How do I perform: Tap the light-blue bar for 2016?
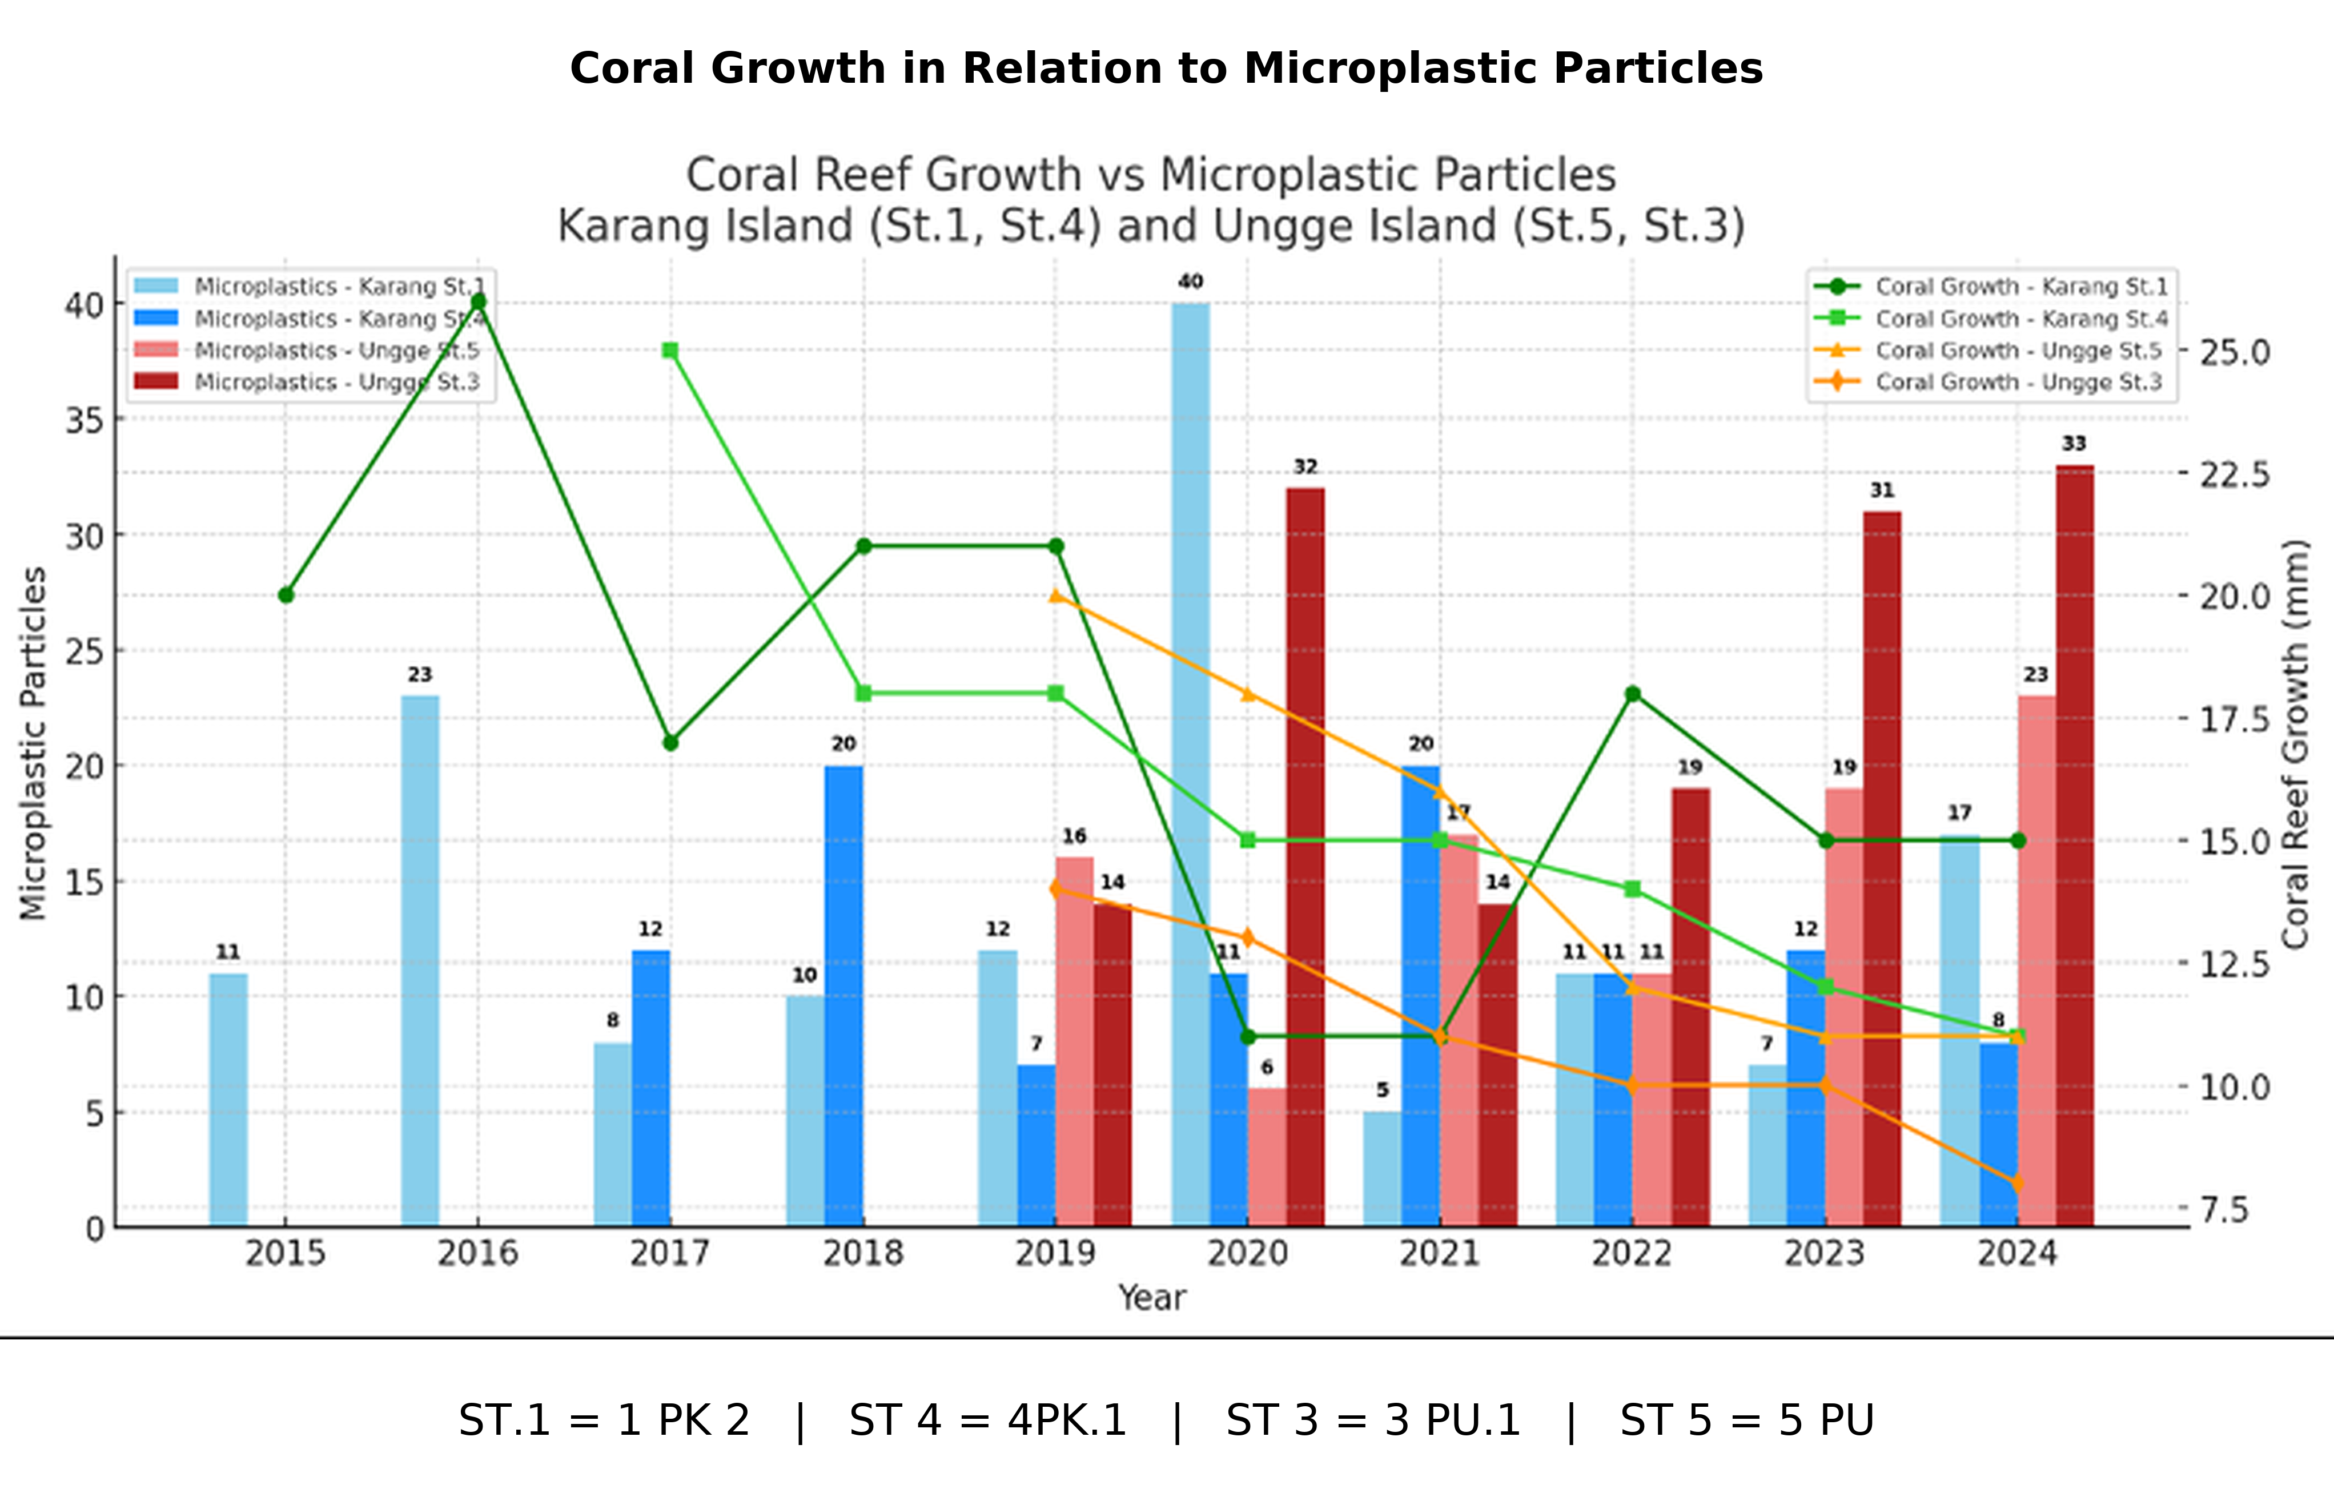pyautogui.click(x=420, y=960)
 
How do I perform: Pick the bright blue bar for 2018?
pyautogui.click(x=843, y=994)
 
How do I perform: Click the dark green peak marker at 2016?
pyautogui.click(x=478, y=301)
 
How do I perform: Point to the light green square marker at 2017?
pyautogui.click(x=670, y=350)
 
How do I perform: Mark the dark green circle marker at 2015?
pyautogui.click(x=286, y=594)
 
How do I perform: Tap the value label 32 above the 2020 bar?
pyautogui.click(x=1305, y=467)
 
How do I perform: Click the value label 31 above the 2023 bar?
pyautogui.click(x=1882, y=490)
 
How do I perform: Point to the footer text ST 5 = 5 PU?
pyautogui.click(x=1747, y=1420)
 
